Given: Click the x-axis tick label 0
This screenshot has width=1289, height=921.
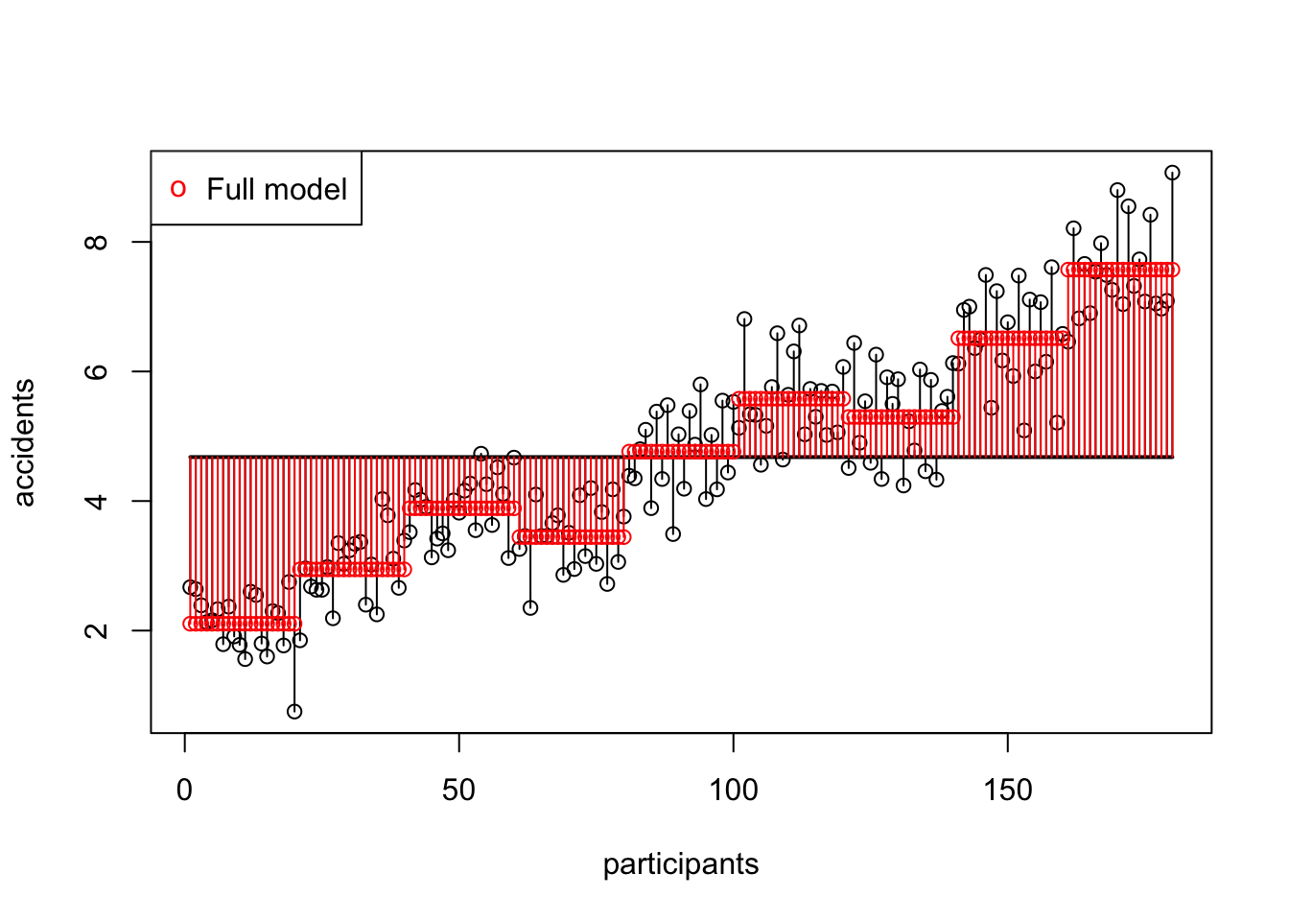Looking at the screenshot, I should pos(185,791).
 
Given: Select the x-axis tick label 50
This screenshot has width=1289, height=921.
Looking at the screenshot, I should pos(459,791).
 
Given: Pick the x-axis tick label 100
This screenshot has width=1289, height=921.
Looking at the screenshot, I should pos(734,791).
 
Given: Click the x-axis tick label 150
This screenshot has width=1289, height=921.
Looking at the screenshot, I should pos(1008,791).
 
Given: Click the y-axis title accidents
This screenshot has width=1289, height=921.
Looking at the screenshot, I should pos(25,442).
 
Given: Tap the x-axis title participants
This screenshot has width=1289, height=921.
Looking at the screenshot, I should pos(681,864).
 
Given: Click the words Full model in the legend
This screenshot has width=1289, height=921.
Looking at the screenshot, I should pos(276,189).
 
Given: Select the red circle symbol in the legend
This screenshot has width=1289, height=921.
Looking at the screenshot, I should pos(178,188).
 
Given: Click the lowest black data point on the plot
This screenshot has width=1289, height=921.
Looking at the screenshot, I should pos(294,711).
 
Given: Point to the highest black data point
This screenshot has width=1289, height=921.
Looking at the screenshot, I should pos(1172,173).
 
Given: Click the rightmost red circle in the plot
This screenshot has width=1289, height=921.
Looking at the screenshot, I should pos(1172,270).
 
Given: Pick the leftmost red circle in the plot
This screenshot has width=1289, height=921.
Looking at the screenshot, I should pos(190,624).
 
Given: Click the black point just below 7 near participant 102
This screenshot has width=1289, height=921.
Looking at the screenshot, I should pos(744,319).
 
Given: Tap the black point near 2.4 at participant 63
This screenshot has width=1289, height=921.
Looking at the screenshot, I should pos(530,607).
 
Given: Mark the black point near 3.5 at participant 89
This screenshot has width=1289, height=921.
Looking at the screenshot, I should pos(673,533).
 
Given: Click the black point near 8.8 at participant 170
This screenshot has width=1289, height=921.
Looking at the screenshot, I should pos(1117,190).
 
